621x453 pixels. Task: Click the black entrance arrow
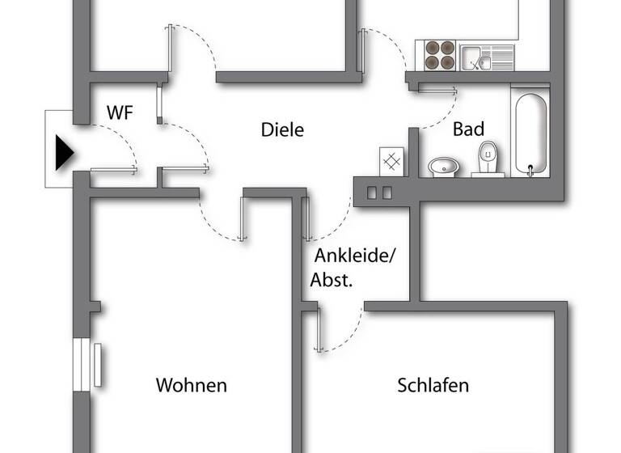click(x=64, y=152)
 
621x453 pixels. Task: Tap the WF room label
click(x=120, y=113)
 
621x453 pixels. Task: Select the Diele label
click(x=282, y=129)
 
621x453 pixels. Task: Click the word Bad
click(x=468, y=129)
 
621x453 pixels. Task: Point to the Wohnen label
click(x=192, y=385)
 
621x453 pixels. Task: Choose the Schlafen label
click(x=433, y=385)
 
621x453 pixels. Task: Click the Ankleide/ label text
click(x=356, y=256)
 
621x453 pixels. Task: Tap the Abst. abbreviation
click(x=332, y=281)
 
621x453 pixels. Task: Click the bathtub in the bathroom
click(x=530, y=133)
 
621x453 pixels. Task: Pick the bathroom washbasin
click(x=443, y=167)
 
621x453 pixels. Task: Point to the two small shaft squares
click(x=379, y=193)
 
